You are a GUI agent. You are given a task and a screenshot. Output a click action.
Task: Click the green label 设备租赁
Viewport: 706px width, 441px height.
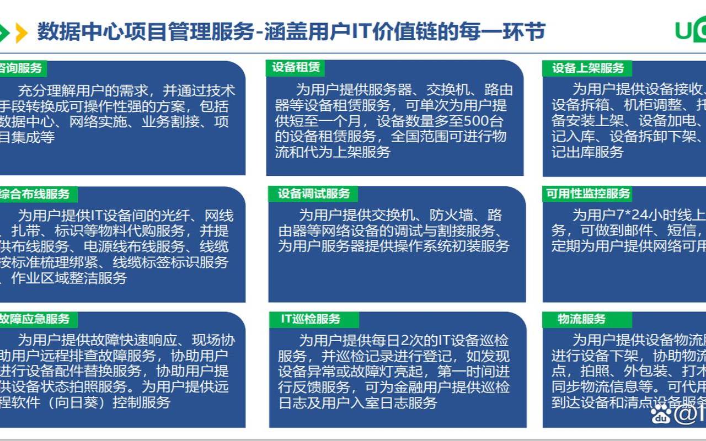tap(295, 68)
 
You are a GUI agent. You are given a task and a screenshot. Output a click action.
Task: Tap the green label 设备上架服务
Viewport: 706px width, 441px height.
tap(588, 68)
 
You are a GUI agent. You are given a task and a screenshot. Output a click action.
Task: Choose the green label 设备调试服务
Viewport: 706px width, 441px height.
tap(313, 193)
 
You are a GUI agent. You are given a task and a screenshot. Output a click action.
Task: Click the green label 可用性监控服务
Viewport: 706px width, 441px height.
tap(588, 193)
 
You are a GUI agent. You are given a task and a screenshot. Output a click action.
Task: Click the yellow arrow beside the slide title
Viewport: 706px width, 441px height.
tap(22, 33)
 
